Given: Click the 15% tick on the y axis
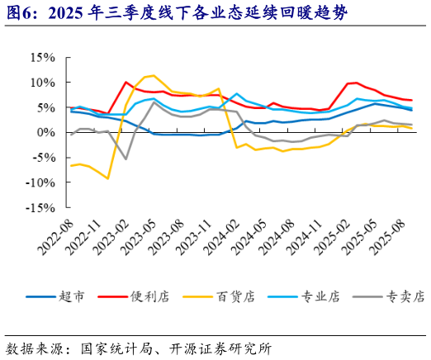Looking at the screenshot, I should (40, 58).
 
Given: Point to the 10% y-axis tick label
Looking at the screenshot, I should (40, 83).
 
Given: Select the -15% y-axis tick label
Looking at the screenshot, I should (38, 208).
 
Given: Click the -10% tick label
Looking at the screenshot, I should (38, 183).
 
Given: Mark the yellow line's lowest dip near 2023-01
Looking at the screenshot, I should (108, 178).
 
